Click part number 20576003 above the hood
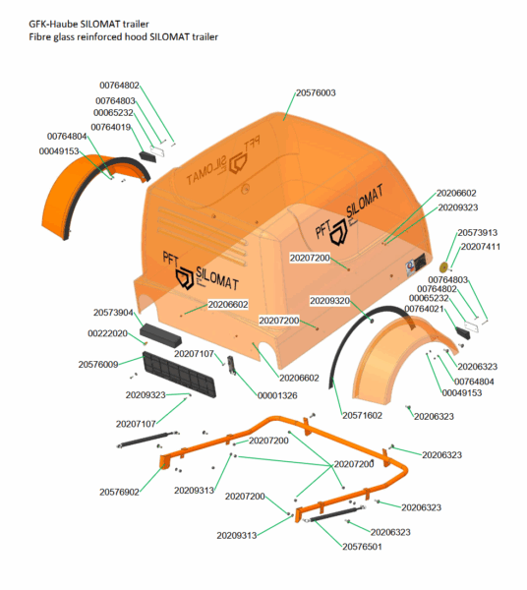coord(316,93)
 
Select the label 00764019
coord(110,127)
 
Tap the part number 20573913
coord(477,232)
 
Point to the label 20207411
coord(481,247)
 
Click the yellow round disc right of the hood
coord(443,267)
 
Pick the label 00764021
coord(424,309)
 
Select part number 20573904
coord(113,313)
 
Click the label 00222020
coord(107,333)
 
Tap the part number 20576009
coord(98,365)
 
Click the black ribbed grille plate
coord(179,375)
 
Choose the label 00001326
coord(277,396)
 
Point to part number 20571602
coord(362,415)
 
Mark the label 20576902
coord(119,493)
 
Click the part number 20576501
coord(362,547)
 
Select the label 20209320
coord(330,301)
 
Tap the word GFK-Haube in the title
coord(53,24)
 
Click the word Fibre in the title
coord(38,37)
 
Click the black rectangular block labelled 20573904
coord(160,335)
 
